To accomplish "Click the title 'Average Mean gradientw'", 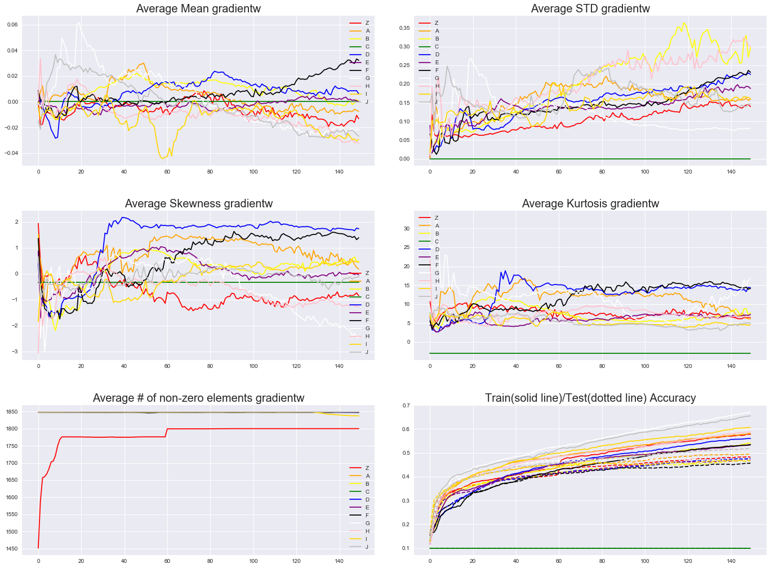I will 198,8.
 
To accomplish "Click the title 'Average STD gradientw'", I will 590,8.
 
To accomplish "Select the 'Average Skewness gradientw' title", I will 198,203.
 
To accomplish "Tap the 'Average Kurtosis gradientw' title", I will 590,203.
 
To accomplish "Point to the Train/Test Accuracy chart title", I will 590,398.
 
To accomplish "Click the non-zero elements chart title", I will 198,398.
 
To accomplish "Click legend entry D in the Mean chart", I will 367,55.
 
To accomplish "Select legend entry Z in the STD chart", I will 436,23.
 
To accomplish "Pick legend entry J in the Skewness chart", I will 367,352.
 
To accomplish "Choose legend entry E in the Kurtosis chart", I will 436,257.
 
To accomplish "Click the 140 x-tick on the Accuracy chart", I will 731,561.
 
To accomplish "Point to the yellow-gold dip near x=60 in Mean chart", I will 164,157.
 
